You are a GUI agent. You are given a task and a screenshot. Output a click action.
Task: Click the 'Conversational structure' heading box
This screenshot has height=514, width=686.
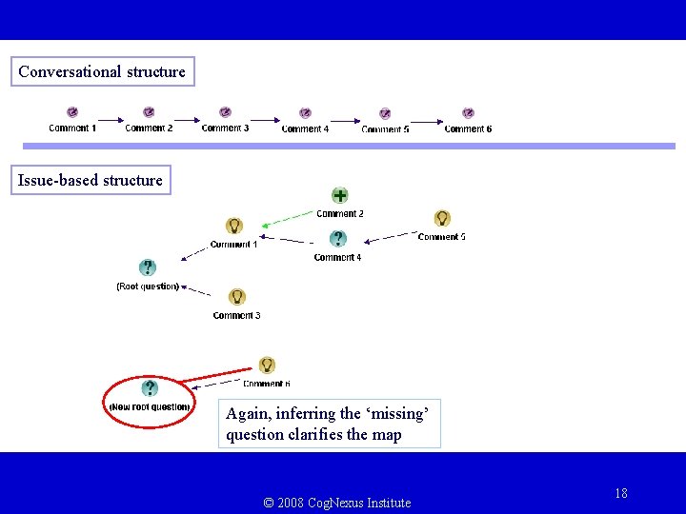click(102, 71)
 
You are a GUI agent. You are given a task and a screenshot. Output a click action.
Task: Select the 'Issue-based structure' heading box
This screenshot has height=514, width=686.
click(91, 180)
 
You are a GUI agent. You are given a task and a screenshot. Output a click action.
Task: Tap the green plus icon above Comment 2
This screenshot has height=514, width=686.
click(339, 196)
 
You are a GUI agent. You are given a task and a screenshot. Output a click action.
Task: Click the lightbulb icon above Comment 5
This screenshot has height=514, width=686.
click(442, 218)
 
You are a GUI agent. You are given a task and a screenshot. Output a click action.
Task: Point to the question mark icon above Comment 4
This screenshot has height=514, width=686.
click(337, 239)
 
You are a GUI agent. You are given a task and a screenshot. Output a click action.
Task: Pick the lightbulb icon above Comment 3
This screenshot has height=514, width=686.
click(237, 297)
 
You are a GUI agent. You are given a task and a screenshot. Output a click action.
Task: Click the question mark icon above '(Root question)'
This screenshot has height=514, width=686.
click(147, 267)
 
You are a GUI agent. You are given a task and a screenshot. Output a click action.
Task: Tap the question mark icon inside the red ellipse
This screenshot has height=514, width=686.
click(150, 388)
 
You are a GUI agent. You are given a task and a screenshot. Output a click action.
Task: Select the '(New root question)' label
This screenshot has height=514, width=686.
click(150, 407)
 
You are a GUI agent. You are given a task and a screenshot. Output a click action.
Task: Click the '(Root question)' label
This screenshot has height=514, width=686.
click(148, 286)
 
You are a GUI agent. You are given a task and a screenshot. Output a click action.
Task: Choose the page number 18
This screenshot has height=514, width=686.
click(621, 493)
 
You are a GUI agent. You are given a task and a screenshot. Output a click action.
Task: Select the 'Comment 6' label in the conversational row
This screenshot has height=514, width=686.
click(468, 129)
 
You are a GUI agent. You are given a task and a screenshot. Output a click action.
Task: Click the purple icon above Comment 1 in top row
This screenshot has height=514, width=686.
click(72, 112)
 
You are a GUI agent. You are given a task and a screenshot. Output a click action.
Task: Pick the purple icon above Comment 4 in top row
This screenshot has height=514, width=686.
click(305, 113)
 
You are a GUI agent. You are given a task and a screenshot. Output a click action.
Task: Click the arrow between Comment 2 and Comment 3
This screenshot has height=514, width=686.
click(187, 120)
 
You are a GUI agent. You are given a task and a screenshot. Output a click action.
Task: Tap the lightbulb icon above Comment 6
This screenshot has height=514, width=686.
click(267, 365)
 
